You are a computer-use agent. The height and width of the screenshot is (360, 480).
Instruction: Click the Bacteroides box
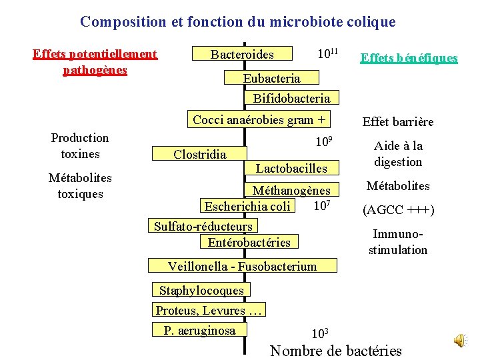242,54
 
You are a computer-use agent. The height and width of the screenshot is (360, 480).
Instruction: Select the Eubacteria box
271,79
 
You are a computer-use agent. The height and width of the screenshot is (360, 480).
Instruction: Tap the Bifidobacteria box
291,99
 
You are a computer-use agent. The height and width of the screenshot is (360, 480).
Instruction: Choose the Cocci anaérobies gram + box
259,120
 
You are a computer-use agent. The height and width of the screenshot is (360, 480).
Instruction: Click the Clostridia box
199,154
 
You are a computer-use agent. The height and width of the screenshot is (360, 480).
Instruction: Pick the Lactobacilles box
291,169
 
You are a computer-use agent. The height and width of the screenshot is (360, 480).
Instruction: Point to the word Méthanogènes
291,191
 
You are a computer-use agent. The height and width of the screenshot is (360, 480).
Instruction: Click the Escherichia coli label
247,207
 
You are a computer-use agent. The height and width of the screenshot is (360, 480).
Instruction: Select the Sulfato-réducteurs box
203,227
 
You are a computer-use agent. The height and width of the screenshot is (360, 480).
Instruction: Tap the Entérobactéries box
249,242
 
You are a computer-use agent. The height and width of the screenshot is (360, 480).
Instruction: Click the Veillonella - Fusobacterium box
242,267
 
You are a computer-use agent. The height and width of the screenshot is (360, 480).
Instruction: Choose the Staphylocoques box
201,290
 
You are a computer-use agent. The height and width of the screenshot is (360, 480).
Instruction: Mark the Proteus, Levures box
210,310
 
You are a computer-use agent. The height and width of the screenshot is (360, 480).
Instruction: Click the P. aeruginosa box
200,330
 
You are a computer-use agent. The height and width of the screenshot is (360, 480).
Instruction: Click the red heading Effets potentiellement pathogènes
95,61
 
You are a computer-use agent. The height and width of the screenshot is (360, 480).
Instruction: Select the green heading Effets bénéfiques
409,58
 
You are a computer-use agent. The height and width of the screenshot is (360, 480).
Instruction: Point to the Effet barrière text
397,121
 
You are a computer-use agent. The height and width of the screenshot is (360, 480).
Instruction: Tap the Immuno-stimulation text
398,243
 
